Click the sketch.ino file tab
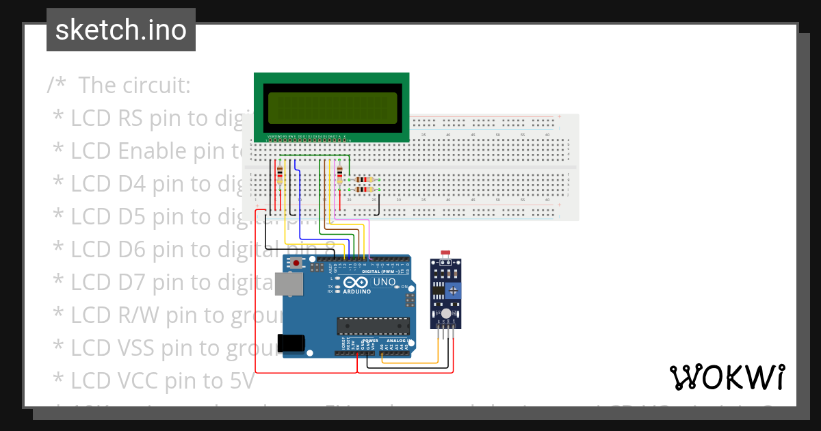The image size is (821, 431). [x=120, y=30]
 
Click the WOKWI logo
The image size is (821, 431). [x=726, y=377]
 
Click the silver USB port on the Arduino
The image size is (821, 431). [x=286, y=284]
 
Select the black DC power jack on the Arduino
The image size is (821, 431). [x=289, y=343]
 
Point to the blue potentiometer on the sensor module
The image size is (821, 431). [x=452, y=291]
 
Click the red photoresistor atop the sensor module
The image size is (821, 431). [x=446, y=254]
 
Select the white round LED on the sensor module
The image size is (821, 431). [x=446, y=313]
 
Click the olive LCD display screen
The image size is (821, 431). [x=332, y=107]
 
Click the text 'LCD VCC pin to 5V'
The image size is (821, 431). [x=162, y=380]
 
